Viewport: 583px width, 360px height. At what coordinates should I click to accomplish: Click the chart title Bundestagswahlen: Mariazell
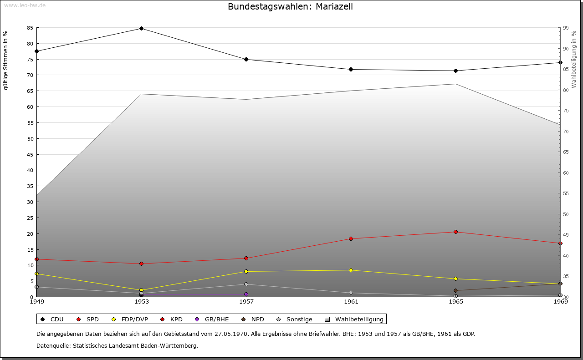pyautogui.click(x=290, y=6)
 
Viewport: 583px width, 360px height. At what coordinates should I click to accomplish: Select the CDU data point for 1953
pyautogui.click(x=141, y=29)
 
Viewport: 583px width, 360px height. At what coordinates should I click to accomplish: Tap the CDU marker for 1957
pyautogui.click(x=246, y=59)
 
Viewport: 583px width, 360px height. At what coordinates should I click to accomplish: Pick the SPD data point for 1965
pyautogui.click(x=455, y=232)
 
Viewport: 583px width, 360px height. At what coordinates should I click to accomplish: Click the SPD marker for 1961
pyautogui.click(x=351, y=238)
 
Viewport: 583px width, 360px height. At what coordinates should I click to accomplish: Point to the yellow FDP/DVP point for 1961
pyautogui.click(x=351, y=270)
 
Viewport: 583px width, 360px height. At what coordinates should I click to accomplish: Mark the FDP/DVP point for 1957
pyautogui.click(x=246, y=272)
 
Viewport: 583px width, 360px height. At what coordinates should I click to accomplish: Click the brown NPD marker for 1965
pyautogui.click(x=455, y=290)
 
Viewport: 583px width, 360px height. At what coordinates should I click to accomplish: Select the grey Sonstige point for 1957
pyautogui.click(x=246, y=284)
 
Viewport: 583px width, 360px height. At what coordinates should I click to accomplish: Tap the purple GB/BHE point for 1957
pyautogui.click(x=246, y=294)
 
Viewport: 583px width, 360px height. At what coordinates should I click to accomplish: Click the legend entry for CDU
pyautogui.click(x=52, y=319)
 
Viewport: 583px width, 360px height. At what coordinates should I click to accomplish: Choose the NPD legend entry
pyautogui.click(x=253, y=319)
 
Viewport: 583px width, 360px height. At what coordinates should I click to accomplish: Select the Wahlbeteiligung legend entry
pyautogui.click(x=355, y=319)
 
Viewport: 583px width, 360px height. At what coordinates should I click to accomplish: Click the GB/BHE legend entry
pyautogui.click(x=212, y=319)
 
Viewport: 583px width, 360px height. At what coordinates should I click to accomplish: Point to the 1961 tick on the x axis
pyautogui.click(x=351, y=301)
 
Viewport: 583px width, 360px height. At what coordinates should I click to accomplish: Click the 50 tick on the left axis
pyautogui.click(x=30, y=138)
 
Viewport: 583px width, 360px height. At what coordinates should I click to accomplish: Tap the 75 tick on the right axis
pyautogui.click(x=565, y=111)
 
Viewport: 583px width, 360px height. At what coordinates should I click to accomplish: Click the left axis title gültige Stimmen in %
pyautogui.click(x=6, y=60)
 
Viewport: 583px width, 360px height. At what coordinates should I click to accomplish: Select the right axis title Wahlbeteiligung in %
pyautogui.click(x=574, y=59)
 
